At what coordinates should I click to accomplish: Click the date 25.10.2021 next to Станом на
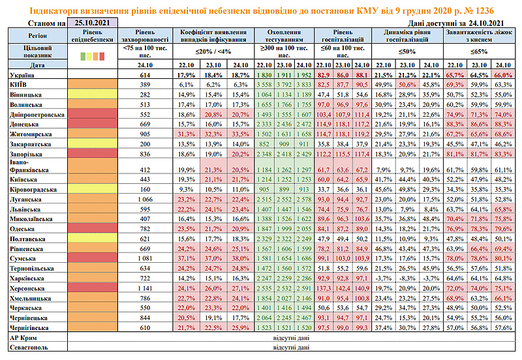[x=91, y=22]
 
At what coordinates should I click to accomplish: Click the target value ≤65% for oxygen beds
[x=479, y=51]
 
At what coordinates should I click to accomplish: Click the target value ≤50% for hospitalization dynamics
[x=407, y=51]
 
